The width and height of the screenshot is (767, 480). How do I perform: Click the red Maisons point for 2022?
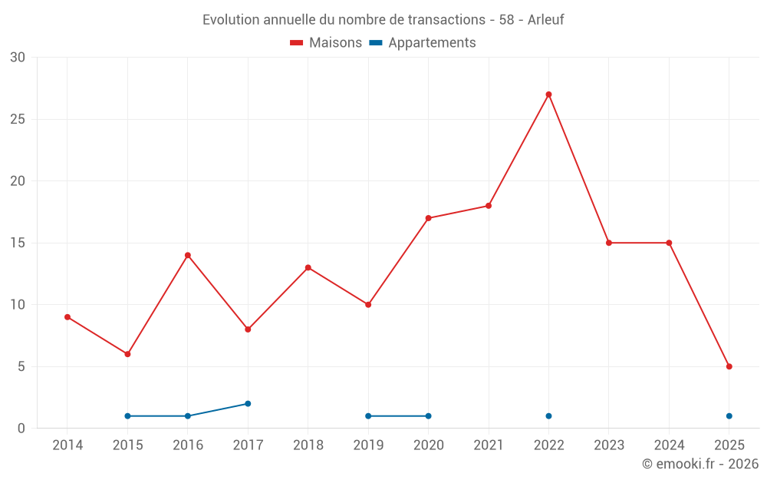point(548,94)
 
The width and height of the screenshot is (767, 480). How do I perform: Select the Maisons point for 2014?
point(67,317)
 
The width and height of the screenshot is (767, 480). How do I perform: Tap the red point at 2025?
point(729,366)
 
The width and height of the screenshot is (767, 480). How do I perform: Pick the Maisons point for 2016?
point(188,255)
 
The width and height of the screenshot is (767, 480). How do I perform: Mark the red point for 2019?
point(368,305)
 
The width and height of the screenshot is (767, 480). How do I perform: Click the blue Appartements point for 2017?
point(248,403)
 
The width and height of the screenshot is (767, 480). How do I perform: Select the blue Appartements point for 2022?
point(548,416)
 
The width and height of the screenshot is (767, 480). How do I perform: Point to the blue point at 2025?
point(729,416)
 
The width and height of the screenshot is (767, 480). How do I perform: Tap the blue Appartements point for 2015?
point(127,416)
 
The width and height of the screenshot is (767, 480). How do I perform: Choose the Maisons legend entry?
point(326,43)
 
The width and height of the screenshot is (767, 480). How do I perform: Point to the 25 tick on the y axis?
point(18,119)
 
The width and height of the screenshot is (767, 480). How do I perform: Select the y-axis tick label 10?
point(18,305)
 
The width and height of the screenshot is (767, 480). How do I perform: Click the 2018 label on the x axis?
point(308,445)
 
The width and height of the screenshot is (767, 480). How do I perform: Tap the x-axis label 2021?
point(489,445)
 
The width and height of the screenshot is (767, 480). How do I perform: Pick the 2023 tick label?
point(608,445)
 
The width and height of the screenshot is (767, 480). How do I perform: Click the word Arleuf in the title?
point(545,20)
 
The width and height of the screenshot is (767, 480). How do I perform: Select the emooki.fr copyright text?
point(700,464)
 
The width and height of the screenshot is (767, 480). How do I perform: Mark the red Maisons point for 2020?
point(428,218)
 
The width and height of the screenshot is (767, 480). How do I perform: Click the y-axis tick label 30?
point(18,58)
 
